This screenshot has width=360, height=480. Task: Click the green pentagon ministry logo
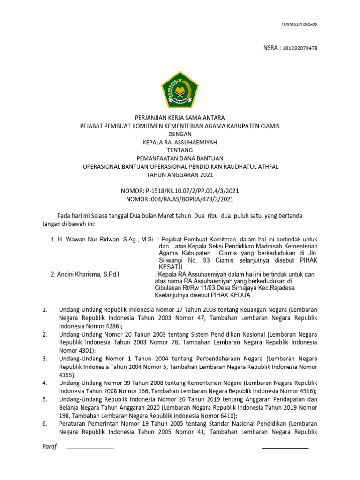tap(180, 90)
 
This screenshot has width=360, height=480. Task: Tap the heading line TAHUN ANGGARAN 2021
tap(180, 175)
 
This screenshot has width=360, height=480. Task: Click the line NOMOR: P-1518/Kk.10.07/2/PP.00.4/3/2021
tap(180, 191)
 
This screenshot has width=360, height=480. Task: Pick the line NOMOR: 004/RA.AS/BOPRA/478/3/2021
tap(180, 199)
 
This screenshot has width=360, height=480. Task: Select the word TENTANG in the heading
tap(180, 150)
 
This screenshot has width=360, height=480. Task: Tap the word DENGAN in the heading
tap(180, 134)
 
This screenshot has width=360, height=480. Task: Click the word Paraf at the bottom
tap(49, 447)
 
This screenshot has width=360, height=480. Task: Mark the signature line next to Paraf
tap(90, 448)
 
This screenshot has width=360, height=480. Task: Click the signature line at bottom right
tap(285, 448)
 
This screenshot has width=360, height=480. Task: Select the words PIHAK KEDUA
tap(231, 295)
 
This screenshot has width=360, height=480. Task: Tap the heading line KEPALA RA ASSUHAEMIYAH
tap(180, 142)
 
